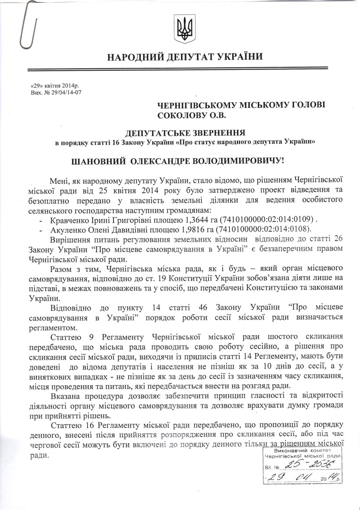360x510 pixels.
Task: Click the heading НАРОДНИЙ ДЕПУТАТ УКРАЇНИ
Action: pos(185,58)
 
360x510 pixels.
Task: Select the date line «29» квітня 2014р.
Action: pos(54,87)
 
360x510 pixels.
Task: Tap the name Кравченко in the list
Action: pos(67,219)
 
